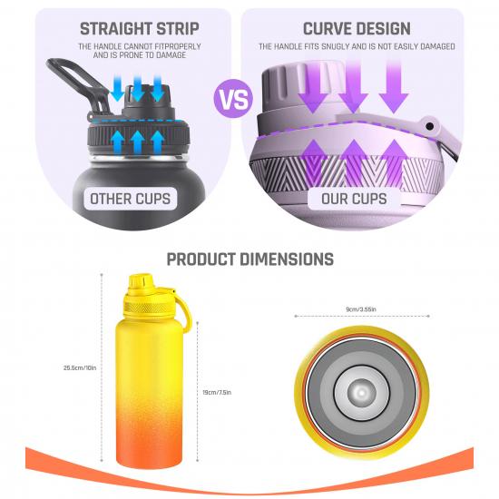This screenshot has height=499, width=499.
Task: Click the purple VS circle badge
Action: click(233, 99)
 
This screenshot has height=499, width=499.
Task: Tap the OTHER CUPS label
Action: click(130, 199)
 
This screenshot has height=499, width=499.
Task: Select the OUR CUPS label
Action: click(354, 199)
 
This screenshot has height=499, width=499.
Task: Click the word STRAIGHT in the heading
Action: click(114, 29)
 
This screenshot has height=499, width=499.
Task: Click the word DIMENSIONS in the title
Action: click(287, 259)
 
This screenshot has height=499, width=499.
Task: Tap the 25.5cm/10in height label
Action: click(80, 367)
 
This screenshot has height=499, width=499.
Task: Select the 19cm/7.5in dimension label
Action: click(217, 392)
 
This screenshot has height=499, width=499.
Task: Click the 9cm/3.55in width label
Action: click(361, 309)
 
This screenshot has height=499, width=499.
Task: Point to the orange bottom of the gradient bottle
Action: click(149, 452)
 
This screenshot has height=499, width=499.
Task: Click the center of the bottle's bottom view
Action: click(361, 393)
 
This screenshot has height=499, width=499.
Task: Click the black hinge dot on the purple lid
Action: click(430, 126)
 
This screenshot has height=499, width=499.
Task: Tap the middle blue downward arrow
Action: click(138, 88)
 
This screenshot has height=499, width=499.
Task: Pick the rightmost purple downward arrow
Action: click(394, 87)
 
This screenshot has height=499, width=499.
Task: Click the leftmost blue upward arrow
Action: click(118, 142)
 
